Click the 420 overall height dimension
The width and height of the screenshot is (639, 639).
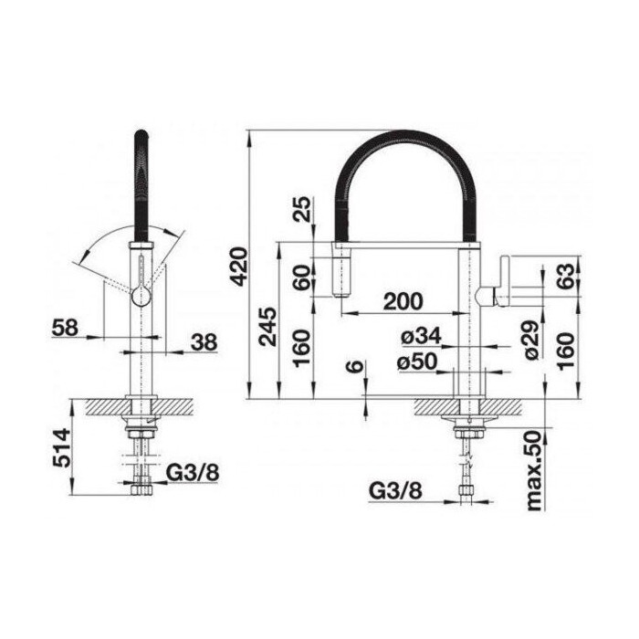239,266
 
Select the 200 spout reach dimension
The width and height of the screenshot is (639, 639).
403,301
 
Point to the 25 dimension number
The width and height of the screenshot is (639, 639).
302,209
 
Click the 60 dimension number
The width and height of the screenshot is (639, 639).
302,278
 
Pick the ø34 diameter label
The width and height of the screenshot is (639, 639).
421,336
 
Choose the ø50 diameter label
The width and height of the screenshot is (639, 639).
417,361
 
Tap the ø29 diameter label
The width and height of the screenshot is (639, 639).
532,340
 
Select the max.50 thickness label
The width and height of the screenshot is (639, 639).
533,471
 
